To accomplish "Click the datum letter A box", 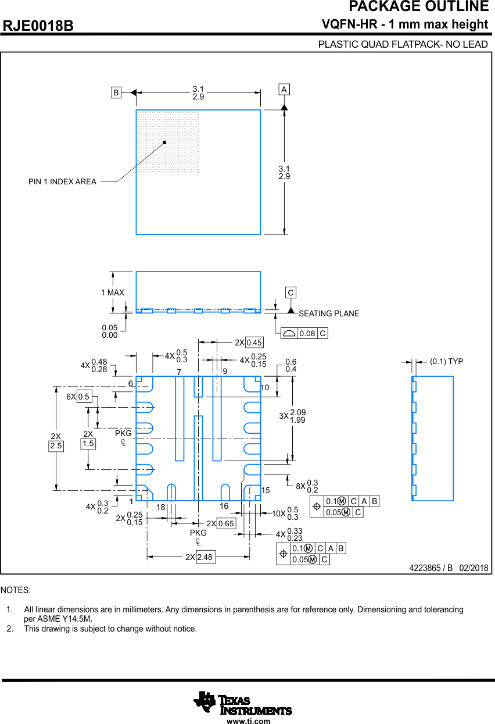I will [284, 90].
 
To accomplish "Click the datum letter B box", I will [116, 92].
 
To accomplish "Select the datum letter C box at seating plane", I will [290, 293].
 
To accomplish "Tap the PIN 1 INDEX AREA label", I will [62, 182].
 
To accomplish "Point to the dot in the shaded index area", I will [164, 142].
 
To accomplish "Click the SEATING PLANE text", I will [329, 313].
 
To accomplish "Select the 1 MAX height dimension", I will [112, 293].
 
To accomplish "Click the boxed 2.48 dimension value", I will [205, 557].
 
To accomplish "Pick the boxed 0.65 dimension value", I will [226, 524].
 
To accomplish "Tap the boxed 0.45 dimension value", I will [254, 343].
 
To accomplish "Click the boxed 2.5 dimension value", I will [56, 446].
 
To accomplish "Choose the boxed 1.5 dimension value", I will [88, 443].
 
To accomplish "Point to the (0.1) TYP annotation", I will [446, 361].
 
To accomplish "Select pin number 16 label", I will [224, 507].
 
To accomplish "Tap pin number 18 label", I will [161, 507].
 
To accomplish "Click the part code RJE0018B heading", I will [38, 26].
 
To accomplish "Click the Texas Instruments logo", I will [243, 703].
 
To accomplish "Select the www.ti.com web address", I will [248, 721].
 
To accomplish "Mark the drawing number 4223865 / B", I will [431, 568].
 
